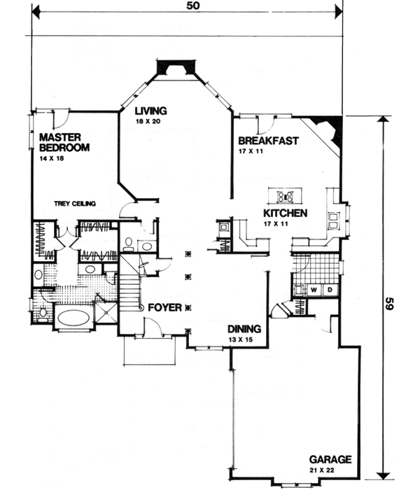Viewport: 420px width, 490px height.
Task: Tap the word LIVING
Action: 150,111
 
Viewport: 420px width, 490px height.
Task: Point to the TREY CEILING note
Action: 74,204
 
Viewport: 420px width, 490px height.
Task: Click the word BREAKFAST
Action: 268,141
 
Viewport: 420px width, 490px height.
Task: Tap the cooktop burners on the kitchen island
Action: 286,196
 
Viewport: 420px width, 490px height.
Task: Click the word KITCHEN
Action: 284,213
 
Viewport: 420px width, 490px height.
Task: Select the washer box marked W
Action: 314,288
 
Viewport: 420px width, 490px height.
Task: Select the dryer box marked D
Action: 328,288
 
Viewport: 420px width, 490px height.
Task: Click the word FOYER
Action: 164,307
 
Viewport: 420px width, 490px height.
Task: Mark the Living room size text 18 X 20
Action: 148,121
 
